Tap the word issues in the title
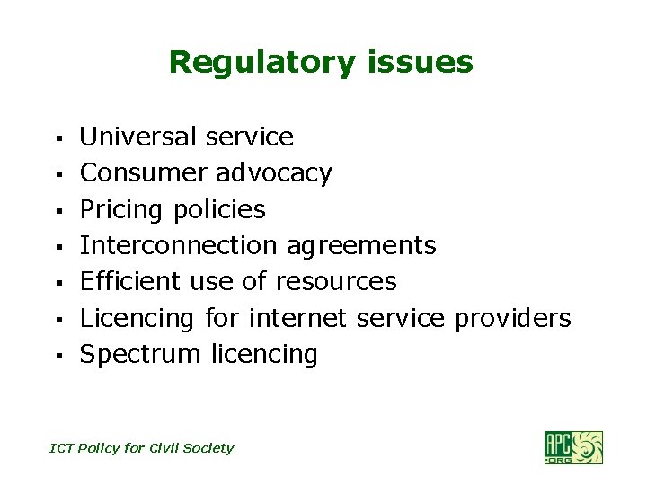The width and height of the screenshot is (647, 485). tap(419, 63)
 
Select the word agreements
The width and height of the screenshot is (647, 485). tap(361, 246)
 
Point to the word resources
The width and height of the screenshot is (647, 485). tap(335, 282)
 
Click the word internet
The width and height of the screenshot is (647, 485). tap(298, 318)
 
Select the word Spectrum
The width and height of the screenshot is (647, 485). tap(140, 355)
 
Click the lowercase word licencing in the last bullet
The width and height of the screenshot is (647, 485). tap(264, 355)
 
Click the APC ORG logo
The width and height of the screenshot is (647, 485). tap(572, 447)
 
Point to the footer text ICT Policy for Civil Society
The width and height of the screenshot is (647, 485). tap(141, 448)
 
